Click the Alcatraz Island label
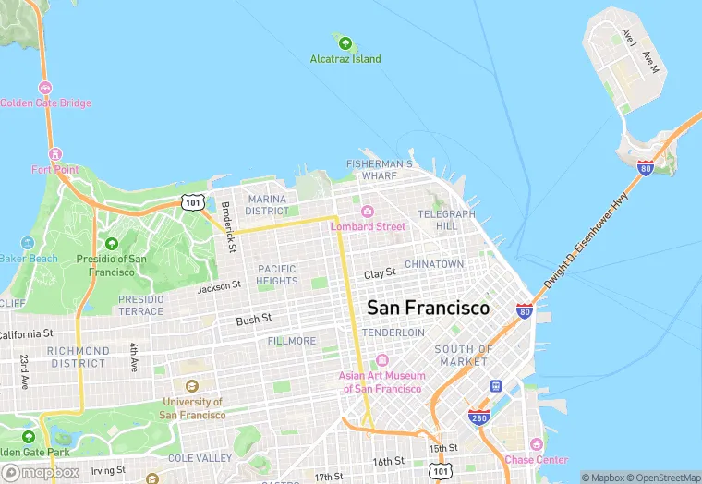point(345,59)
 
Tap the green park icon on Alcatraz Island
point(345,42)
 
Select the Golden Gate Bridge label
point(45,103)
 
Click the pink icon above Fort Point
point(55,153)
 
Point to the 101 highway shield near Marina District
point(192,201)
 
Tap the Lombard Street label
point(368,226)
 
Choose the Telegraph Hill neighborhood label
point(446,220)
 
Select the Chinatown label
point(434,264)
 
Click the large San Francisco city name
point(428,308)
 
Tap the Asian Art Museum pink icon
point(381,360)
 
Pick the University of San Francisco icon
point(192,386)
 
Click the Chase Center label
point(536,459)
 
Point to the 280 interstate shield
point(478,417)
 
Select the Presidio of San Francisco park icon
point(112,244)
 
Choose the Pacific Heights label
point(277,274)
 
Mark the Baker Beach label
point(29,259)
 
